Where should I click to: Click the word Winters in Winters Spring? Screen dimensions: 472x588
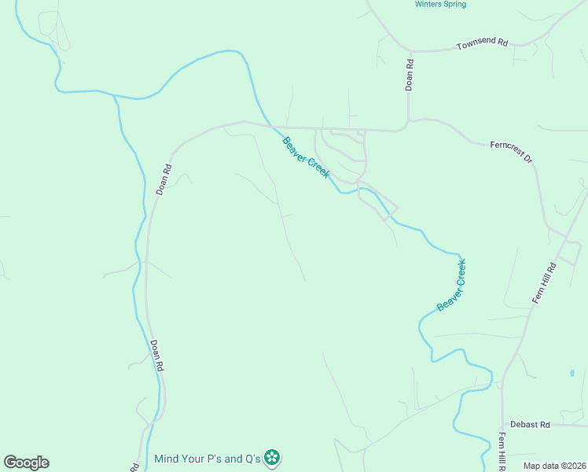tap(428, 5)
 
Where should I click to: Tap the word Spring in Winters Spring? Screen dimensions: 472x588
tap(454, 5)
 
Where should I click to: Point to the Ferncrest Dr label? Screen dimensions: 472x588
tap(512, 151)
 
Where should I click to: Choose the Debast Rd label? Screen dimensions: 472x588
tap(530, 424)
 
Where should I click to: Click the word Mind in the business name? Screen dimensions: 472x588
tap(169, 458)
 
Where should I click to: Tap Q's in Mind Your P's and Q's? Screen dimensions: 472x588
tap(251, 458)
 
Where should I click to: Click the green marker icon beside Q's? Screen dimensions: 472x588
tap(272, 457)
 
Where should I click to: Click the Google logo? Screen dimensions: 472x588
tap(26, 463)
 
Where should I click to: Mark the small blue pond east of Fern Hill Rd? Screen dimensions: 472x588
tap(571, 373)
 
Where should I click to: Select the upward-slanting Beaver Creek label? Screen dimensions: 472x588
tap(452, 285)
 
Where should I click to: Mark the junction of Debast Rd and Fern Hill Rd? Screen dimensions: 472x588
tap(503, 425)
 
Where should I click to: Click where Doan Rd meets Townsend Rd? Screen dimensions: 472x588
tap(410, 52)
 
